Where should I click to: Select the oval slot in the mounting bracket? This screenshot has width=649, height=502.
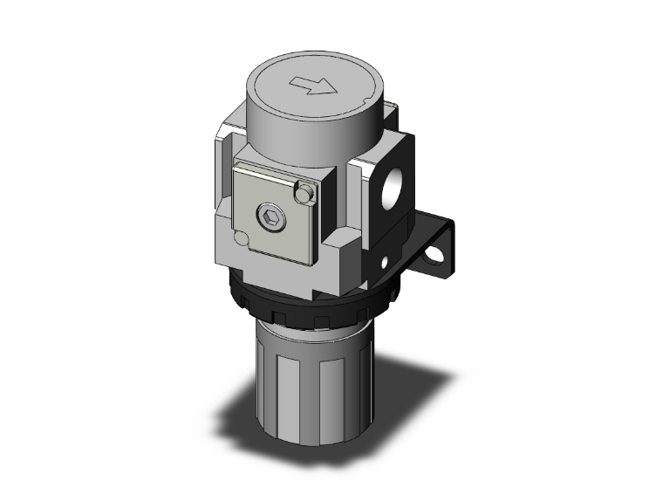(x=434, y=258)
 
